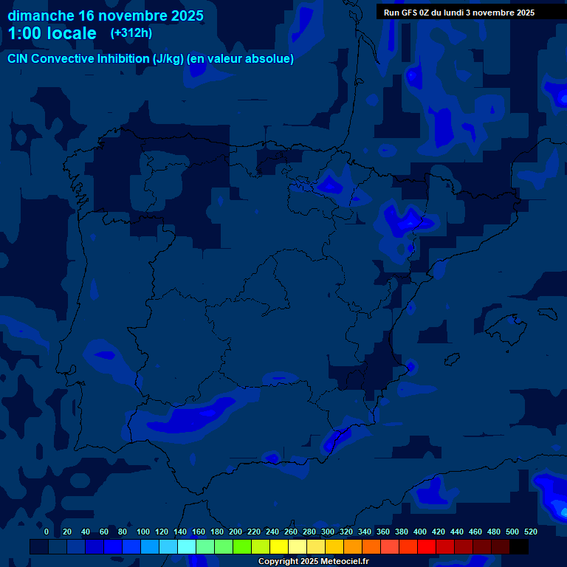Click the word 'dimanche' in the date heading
click(x=40, y=16)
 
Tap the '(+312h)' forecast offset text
click(x=131, y=32)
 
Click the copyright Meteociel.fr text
click(x=314, y=561)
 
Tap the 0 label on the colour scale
click(x=47, y=532)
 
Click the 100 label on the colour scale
click(x=143, y=532)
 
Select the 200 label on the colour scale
click(x=236, y=532)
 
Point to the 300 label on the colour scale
click(x=328, y=532)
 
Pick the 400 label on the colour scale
click(x=420, y=532)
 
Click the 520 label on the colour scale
click(x=530, y=532)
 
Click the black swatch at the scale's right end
click(x=519, y=547)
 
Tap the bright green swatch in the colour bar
click(x=242, y=547)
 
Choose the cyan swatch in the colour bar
click(x=187, y=547)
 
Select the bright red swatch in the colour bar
click(x=427, y=547)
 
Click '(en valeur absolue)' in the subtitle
click(x=241, y=59)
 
